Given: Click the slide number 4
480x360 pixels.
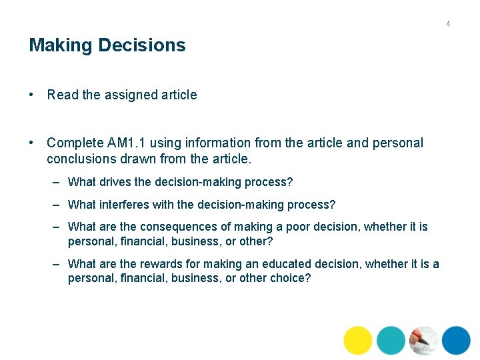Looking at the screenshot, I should pyautogui.click(x=448, y=24).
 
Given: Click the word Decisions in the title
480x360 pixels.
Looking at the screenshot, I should pyautogui.click(x=141, y=45).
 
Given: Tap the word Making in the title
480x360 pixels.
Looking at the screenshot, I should pyautogui.click(x=61, y=45).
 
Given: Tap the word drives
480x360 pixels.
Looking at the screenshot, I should pyautogui.click(x=114, y=182).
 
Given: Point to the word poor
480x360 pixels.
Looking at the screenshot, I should pyautogui.click(x=298, y=227).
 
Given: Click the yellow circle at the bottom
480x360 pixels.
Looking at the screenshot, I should pyautogui.click(x=358, y=341).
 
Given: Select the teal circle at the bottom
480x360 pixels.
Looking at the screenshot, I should pyautogui.click(x=391, y=341).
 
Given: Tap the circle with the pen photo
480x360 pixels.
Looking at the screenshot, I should pyautogui.click(x=424, y=341).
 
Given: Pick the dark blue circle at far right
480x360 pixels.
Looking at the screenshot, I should pyautogui.click(x=456, y=341).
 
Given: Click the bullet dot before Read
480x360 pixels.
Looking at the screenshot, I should pyautogui.click(x=32, y=95).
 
